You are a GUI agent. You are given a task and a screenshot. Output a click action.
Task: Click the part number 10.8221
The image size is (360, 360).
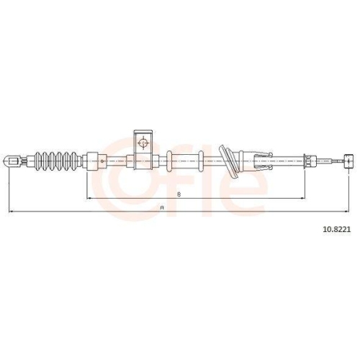tap(337, 230)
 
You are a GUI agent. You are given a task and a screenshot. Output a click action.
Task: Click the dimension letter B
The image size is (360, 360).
tap(179, 194)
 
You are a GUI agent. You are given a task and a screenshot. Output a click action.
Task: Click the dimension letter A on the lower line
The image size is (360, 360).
tap(162, 208)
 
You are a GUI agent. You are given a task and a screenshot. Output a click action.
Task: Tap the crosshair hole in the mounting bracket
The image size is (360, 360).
tap(143, 143)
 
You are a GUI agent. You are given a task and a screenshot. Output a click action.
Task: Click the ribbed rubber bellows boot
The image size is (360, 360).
tap(56, 161)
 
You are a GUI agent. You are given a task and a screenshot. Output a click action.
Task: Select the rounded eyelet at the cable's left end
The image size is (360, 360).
tap(12, 161)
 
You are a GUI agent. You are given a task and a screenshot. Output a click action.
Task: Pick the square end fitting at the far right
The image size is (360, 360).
tap(348, 161)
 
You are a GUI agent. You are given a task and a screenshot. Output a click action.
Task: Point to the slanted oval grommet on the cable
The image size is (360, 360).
tap(229, 161)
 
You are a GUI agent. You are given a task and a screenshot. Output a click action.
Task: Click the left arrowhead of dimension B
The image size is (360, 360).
tap(89, 198)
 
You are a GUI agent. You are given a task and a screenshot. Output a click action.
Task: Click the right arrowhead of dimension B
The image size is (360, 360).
tap(302, 198)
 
